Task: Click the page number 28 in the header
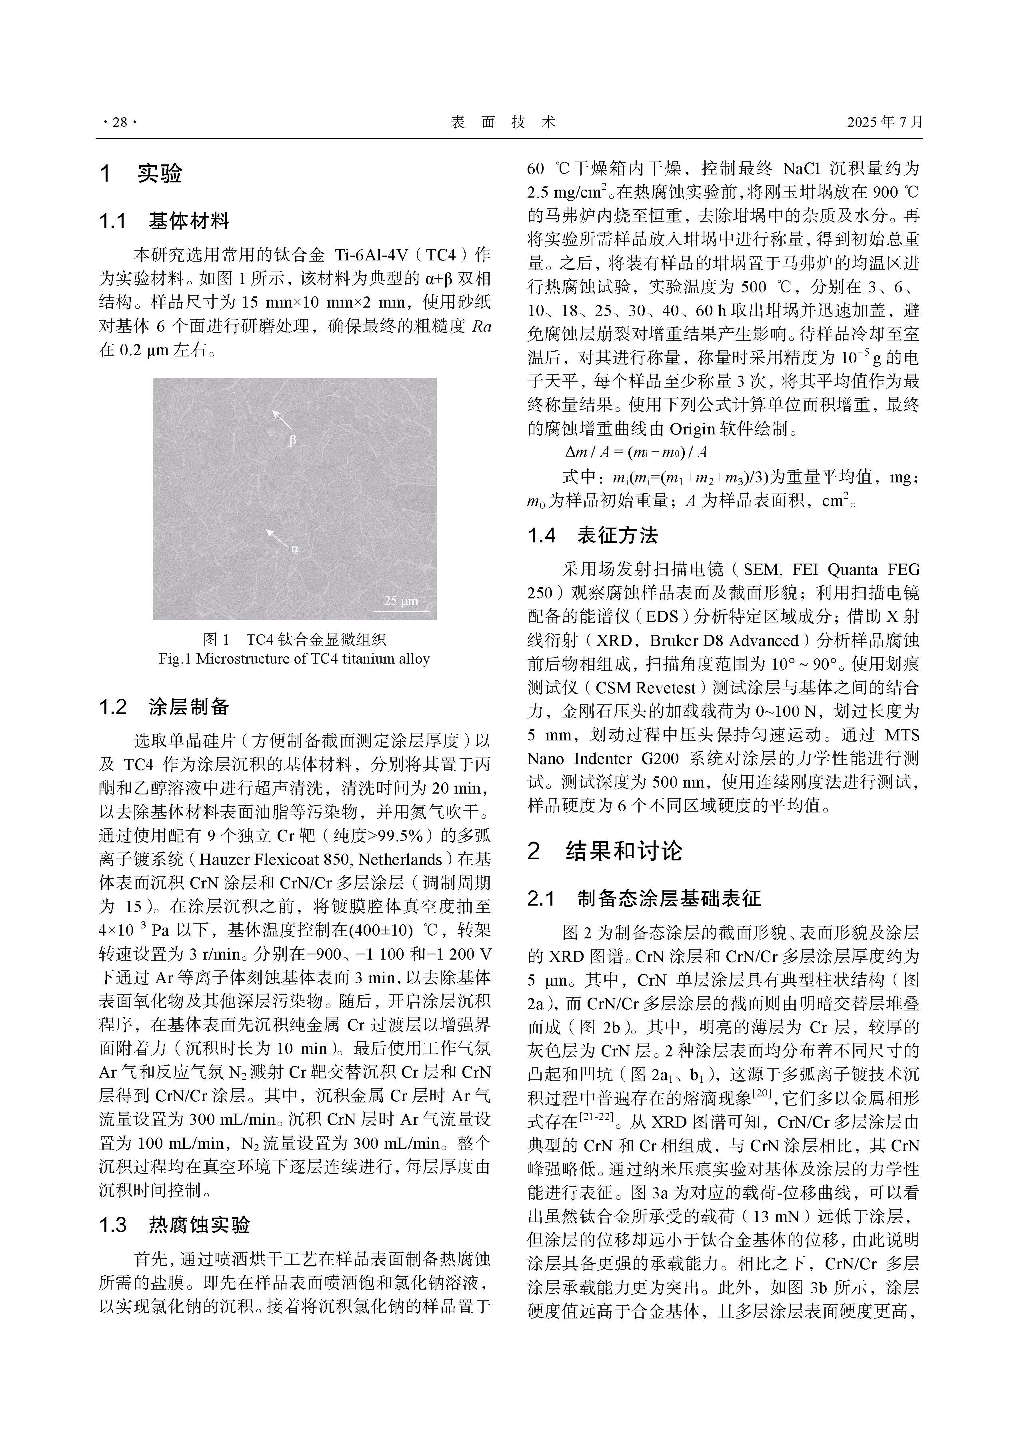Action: coord(119,122)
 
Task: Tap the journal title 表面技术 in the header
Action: coord(503,122)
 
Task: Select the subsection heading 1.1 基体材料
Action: coord(164,221)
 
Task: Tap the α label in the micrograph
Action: coord(294,549)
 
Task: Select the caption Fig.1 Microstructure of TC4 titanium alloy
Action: coord(294,659)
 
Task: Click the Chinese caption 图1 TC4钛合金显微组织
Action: coord(294,639)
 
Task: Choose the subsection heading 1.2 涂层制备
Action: coord(164,707)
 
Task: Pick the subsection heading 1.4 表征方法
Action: coord(593,535)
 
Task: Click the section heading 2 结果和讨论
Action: coord(605,851)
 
